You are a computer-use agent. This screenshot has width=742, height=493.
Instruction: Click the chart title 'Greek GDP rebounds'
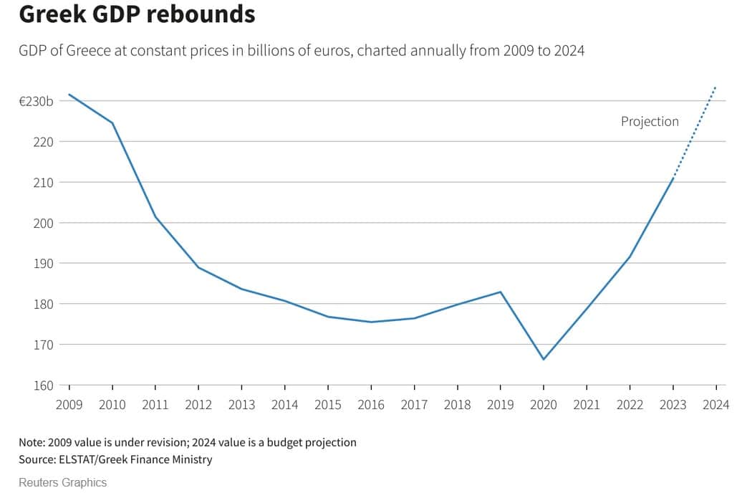tap(137, 14)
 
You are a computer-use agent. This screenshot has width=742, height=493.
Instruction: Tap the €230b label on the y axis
tap(36, 102)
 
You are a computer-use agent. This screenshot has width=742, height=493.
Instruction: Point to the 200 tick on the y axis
tap(44, 223)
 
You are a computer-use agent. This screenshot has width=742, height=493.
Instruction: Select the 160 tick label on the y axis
tap(44, 386)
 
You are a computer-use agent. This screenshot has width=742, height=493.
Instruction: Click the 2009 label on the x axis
tap(69, 405)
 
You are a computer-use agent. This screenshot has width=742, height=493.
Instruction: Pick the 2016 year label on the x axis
tap(371, 405)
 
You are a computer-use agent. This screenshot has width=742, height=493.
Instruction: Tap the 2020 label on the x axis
tap(544, 405)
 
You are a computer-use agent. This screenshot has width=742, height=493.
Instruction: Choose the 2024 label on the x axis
tap(715, 405)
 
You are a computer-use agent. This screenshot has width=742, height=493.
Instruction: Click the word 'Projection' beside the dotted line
tap(650, 122)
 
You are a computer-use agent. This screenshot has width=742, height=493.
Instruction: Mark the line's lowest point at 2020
tap(544, 359)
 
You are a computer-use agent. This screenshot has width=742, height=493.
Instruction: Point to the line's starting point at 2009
tap(69, 95)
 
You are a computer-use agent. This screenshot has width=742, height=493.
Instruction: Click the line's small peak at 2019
tap(501, 292)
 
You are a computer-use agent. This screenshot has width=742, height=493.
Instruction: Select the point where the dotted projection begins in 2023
tap(673, 176)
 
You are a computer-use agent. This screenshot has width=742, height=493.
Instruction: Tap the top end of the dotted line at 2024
tap(715, 87)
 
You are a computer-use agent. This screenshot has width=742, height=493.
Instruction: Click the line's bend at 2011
tap(155, 216)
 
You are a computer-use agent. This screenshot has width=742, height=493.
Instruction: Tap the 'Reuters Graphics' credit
tap(62, 482)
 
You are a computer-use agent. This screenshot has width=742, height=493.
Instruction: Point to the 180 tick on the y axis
tap(44, 304)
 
